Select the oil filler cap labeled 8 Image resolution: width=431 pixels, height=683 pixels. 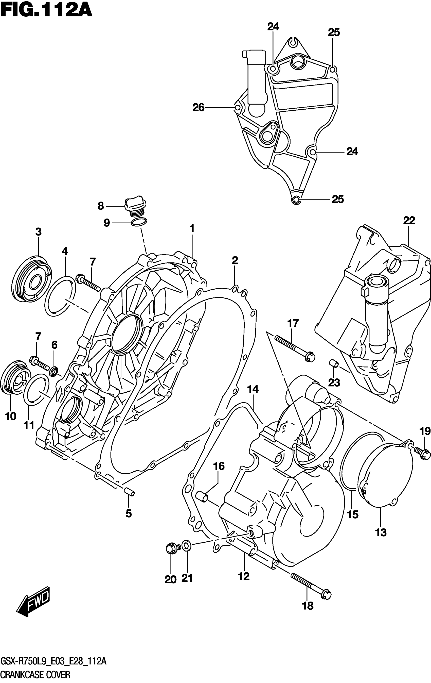point(135,207)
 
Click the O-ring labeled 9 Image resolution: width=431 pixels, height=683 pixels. point(139,222)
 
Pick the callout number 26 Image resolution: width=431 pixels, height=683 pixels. point(198,108)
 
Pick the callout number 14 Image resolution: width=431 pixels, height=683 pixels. point(253,389)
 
